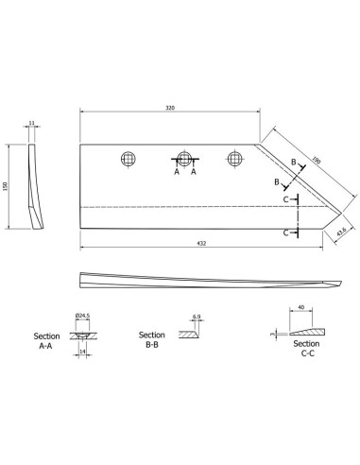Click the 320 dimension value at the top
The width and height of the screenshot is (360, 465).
[170, 108]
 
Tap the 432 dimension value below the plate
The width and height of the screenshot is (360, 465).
[201, 243]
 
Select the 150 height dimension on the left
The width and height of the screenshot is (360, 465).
[5, 186]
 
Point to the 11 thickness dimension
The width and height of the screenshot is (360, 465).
[31, 123]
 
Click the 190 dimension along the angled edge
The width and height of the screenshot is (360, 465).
[317, 161]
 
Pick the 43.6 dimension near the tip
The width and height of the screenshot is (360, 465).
[341, 232]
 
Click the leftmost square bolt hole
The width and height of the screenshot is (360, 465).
[129, 159]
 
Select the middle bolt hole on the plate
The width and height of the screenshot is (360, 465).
[184, 159]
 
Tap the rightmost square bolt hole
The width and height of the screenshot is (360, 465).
[234, 159]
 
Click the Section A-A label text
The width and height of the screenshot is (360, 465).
[46, 341]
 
